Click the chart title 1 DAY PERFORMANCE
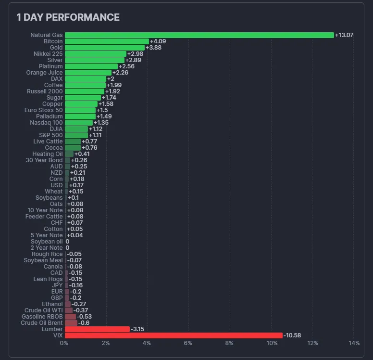[68, 17]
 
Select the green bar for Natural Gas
[199, 35]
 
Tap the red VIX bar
[174, 335]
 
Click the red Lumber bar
[97, 329]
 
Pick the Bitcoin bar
[107, 41]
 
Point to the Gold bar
[104, 48]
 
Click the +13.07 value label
[344, 35]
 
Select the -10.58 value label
[292, 335]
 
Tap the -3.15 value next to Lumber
[137, 329]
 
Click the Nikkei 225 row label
[48, 54]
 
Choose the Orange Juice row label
[44, 73]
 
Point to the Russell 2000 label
[46, 91]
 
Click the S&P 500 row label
[50, 135]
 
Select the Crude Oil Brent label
[42, 323]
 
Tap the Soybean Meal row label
[43, 260]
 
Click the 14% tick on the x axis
[354, 343]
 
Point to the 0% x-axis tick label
[64, 343]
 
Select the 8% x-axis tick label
[229, 343]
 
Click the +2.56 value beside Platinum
[126, 66]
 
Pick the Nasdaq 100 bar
[78, 123]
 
